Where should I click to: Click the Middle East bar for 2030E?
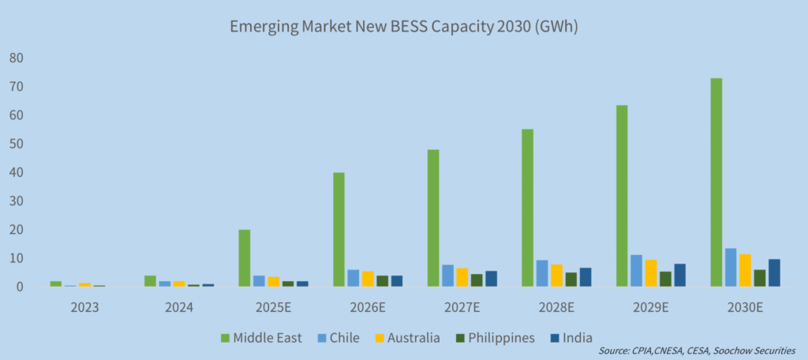coord(716,182)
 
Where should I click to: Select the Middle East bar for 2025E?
coord(245,258)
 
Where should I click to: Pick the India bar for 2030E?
coord(774,273)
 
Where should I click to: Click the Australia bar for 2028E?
coord(556,276)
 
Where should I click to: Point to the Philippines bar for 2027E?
coord(477,280)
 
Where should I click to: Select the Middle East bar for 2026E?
coord(339,230)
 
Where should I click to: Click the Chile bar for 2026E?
coord(353,278)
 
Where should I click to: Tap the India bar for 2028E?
coord(585,277)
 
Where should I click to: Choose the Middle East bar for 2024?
coord(150,281)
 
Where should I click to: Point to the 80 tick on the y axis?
coord(16,58)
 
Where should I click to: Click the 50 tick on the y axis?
coord(16,144)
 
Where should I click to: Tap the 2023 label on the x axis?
coord(84,306)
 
